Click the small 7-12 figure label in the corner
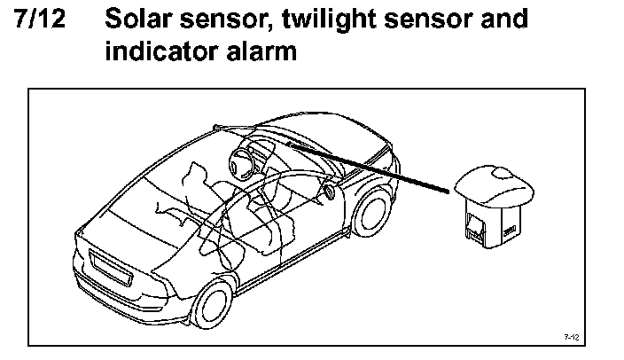571,337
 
